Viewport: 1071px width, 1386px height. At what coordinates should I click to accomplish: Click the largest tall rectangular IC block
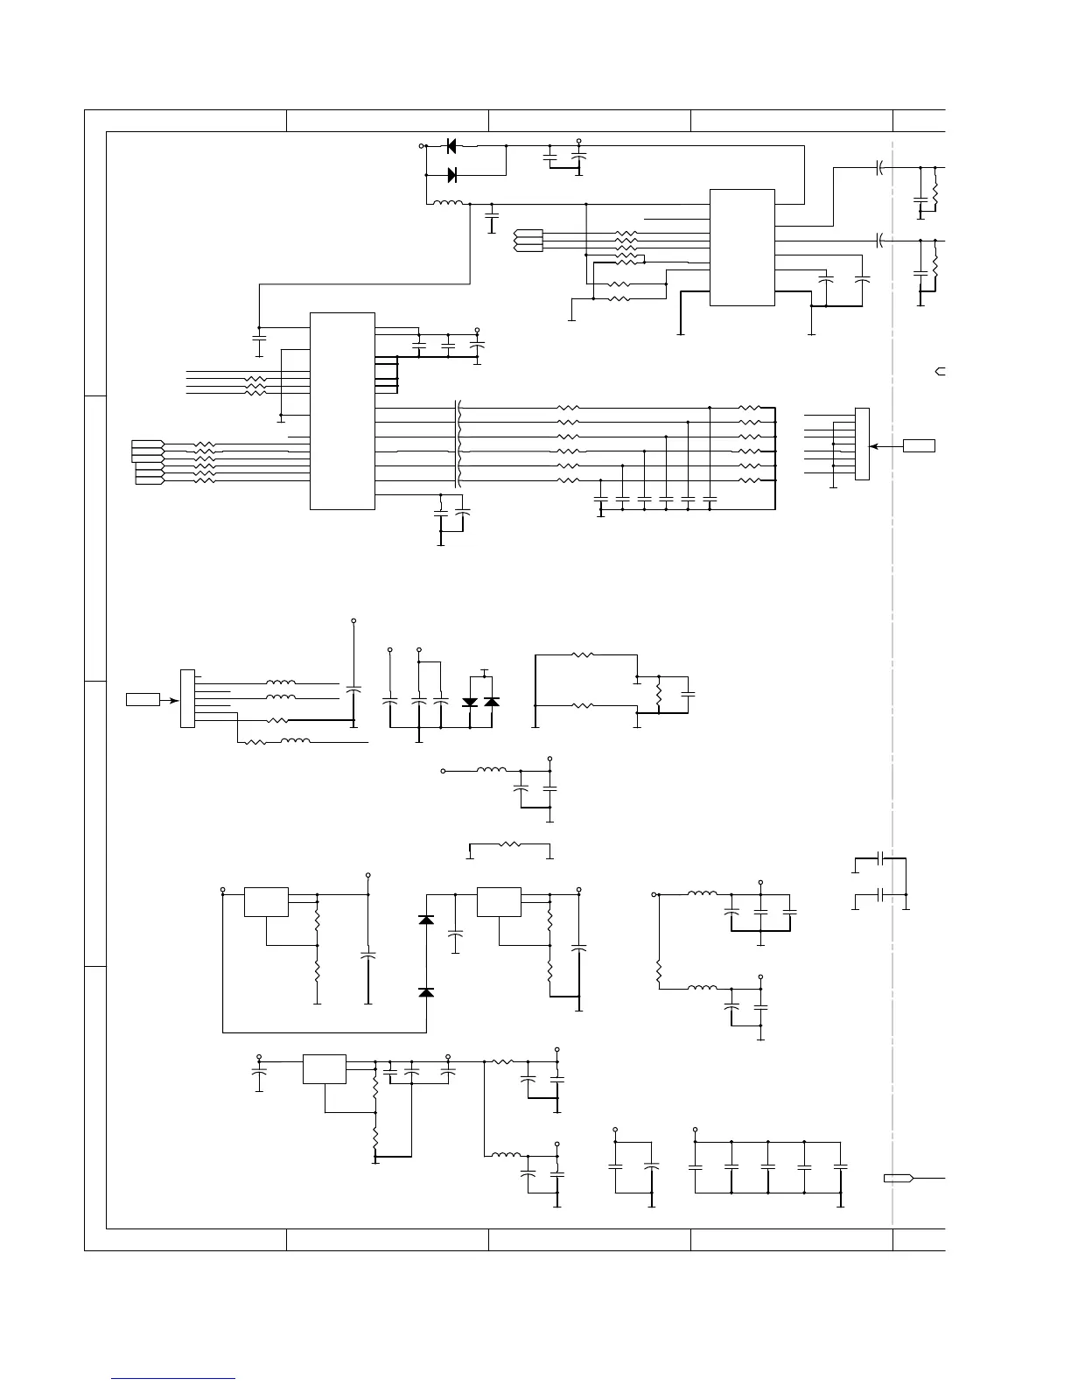(x=342, y=410)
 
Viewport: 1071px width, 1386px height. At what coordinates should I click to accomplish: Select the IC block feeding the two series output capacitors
(x=741, y=247)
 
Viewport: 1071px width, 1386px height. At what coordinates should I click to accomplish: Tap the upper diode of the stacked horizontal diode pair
(x=451, y=146)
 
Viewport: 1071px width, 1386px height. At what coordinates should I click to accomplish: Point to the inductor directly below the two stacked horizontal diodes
(x=448, y=205)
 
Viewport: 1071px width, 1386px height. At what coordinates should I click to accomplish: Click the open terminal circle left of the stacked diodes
(x=422, y=146)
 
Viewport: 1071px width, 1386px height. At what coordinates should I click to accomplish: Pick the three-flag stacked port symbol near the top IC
(x=528, y=241)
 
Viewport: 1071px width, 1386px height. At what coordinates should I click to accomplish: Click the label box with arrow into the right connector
(x=919, y=445)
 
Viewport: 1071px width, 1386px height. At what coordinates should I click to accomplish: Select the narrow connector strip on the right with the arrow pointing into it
(x=863, y=444)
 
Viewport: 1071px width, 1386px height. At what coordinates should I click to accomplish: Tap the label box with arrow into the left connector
(x=143, y=699)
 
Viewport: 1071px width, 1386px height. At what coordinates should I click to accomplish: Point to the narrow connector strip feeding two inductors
(x=186, y=698)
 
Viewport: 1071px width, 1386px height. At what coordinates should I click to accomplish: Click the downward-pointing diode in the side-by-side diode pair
(x=470, y=702)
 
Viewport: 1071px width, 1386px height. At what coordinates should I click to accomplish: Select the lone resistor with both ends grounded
(x=509, y=845)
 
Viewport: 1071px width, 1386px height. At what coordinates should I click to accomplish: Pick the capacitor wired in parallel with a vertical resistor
(x=688, y=693)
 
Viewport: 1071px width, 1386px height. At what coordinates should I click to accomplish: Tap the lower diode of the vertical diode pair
(x=426, y=992)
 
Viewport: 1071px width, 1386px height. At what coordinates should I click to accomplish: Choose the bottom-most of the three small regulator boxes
(x=324, y=1069)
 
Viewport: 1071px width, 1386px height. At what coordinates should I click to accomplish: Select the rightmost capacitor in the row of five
(x=840, y=1167)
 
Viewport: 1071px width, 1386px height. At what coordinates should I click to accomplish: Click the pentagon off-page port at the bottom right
(x=899, y=1178)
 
